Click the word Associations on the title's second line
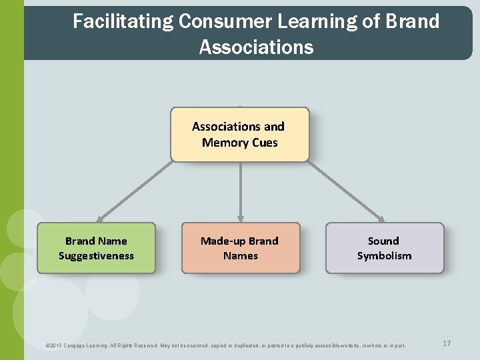(x=256, y=47)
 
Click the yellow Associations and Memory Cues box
(x=240, y=135)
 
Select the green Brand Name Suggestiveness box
(x=96, y=248)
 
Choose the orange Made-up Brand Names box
(x=240, y=248)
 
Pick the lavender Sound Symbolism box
(x=384, y=248)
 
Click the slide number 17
(x=447, y=343)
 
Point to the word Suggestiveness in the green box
(x=96, y=256)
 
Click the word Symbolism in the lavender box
(x=384, y=256)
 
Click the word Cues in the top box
(x=265, y=143)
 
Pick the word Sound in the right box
(x=383, y=241)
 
